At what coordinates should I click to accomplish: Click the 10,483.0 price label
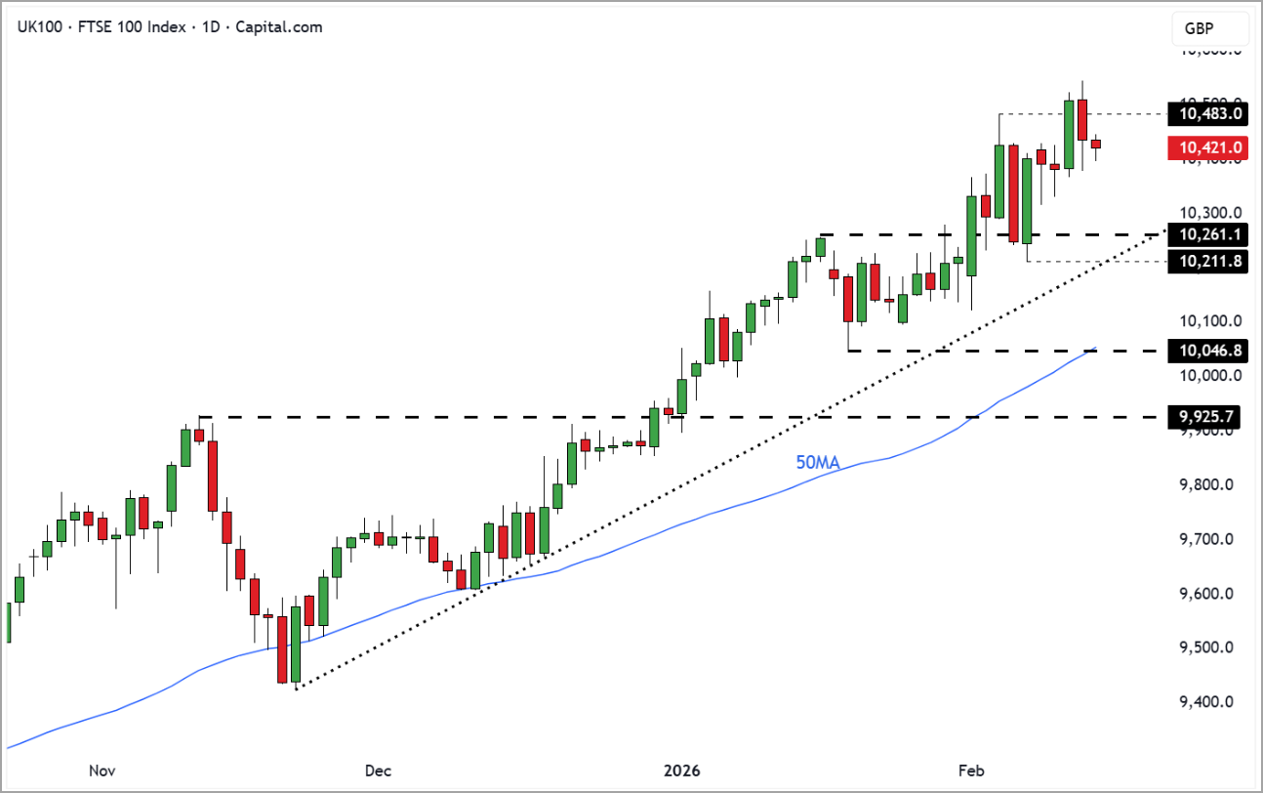1209,114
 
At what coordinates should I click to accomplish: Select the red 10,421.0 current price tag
1209,147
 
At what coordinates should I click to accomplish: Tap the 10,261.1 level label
1209,234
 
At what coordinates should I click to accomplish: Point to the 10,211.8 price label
1209,261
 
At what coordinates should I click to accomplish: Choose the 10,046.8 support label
1209,350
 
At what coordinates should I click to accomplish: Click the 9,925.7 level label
1209,417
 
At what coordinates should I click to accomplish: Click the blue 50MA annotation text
818,463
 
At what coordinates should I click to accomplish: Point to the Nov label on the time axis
102,771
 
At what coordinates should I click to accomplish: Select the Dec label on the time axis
378,771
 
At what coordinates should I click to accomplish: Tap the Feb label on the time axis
971,771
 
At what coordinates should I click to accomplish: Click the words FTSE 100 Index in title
129,27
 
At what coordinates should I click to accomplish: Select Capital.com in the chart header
278,27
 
